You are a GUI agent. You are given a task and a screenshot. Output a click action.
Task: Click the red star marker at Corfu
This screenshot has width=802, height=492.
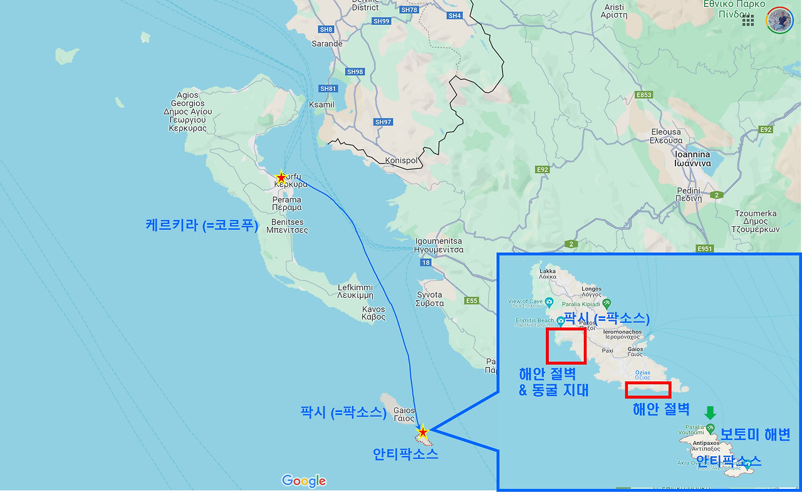coord(281,177)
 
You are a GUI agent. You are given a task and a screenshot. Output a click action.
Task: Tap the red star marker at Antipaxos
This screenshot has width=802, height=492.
coord(423,432)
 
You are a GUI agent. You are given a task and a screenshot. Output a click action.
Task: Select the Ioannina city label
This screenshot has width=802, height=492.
coord(692,159)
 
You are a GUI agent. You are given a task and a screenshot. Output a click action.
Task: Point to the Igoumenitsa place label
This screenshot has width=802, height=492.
coord(439,245)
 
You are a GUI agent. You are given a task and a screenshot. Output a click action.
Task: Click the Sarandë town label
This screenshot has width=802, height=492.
coord(327,44)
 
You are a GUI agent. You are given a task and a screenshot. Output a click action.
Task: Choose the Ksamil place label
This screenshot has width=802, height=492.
coord(321,105)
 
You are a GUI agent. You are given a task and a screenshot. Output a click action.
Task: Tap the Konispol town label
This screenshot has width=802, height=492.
coord(401,160)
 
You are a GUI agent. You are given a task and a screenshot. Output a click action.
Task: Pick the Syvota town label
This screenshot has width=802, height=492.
coord(430,299)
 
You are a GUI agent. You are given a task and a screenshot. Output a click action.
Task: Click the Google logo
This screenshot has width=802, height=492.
coord(304,481)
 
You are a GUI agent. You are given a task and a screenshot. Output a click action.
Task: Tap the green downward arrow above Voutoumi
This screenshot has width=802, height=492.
coord(709,412)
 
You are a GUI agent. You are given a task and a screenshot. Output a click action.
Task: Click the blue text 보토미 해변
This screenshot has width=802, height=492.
coord(755,434)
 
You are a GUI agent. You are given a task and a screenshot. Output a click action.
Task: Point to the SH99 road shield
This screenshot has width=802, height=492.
coord(381,21)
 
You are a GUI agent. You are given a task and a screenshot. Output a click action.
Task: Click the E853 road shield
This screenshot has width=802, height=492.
coord(643,95)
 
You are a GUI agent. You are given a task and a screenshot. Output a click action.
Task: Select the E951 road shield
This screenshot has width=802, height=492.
coord(705,249)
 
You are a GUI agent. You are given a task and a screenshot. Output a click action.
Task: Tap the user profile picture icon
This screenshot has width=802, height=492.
coord(779,20)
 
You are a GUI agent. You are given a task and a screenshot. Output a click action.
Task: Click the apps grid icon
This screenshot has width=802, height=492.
coord(748,20)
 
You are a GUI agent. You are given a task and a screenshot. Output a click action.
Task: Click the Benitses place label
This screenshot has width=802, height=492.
coord(288,226)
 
